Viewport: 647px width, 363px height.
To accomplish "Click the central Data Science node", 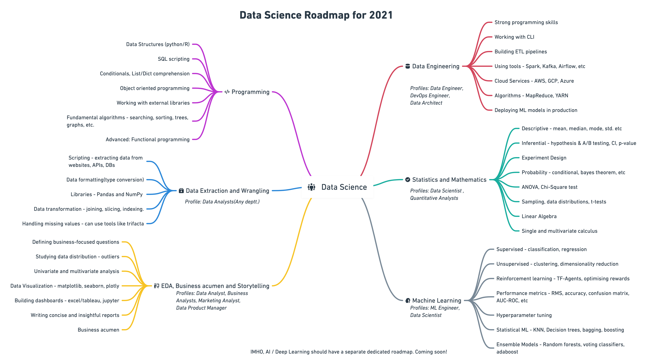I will pyautogui.click(x=337, y=187).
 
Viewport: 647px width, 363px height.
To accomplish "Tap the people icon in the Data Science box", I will pyautogui.click(x=311, y=187).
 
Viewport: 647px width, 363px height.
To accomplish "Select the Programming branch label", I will pyautogui.click(x=250, y=92).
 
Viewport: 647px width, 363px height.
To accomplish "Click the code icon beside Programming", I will pyautogui.click(x=227, y=92).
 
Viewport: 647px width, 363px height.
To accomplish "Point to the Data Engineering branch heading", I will pyautogui.click(x=435, y=66).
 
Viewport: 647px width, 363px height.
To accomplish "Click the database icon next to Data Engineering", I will pyautogui.click(x=408, y=66).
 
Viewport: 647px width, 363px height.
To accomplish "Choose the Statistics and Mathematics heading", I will pyautogui.click(x=449, y=180).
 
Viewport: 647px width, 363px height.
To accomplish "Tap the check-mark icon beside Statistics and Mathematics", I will pyautogui.click(x=408, y=180).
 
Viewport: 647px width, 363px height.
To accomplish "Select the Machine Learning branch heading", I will pyautogui.click(x=437, y=301).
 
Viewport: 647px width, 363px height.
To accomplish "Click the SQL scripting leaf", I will pyautogui.click(x=174, y=59).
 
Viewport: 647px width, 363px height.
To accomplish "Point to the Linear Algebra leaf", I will pyautogui.click(x=539, y=216).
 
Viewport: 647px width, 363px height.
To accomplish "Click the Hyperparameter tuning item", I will pyautogui.click(x=524, y=315).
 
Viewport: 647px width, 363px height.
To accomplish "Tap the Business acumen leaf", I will pyautogui.click(x=98, y=330).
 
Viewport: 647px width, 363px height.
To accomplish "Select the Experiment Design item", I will pyautogui.click(x=544, y=158).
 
